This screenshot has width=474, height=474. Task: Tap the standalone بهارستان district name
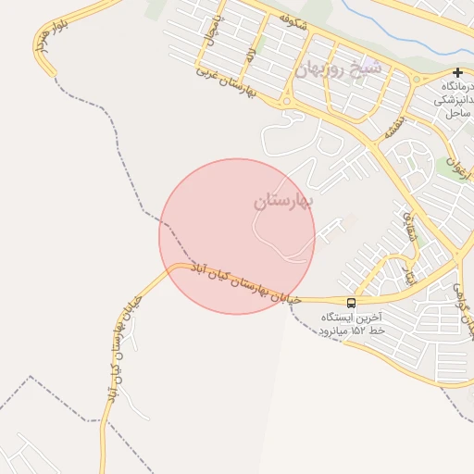click(283, 200)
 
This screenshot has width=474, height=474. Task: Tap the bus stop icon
click(351, 302)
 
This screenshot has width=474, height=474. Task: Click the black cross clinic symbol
click(457, 72)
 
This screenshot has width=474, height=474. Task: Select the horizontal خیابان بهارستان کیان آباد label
click(245, 282)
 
